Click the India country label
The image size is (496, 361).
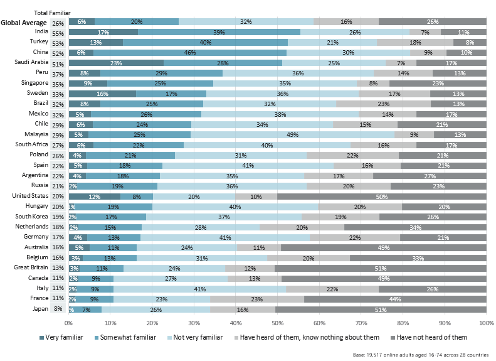pyautogui.click(x=41, y=32)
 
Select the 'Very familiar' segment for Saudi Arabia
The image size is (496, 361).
pyautogui.click(x=116, y=63)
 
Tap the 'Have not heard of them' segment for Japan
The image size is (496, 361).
pyautogui.click(x=381, y=310)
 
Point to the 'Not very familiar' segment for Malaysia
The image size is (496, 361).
pyautogui.click(x=293, y=134)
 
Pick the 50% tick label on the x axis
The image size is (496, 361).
pyautogui.click(x=277, y=323)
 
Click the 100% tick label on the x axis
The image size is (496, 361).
pyautogui.click(x=485, y=323)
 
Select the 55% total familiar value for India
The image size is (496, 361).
pyautogui.click(x=58, y=33)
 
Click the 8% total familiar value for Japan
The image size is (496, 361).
pyautogui.click(x=58, y=310)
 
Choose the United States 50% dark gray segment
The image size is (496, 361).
pyautogui.click(x=381, y=197)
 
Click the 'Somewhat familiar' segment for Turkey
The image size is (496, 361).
pyautogui.click(x=205, y=43)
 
